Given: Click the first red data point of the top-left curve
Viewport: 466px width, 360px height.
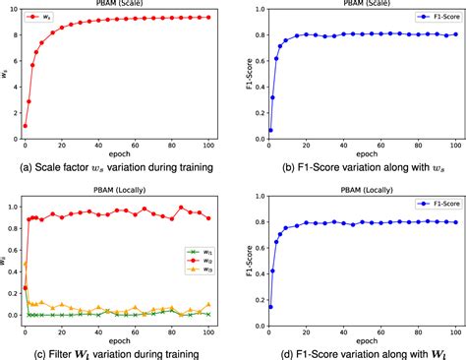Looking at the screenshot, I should [26, 126].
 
